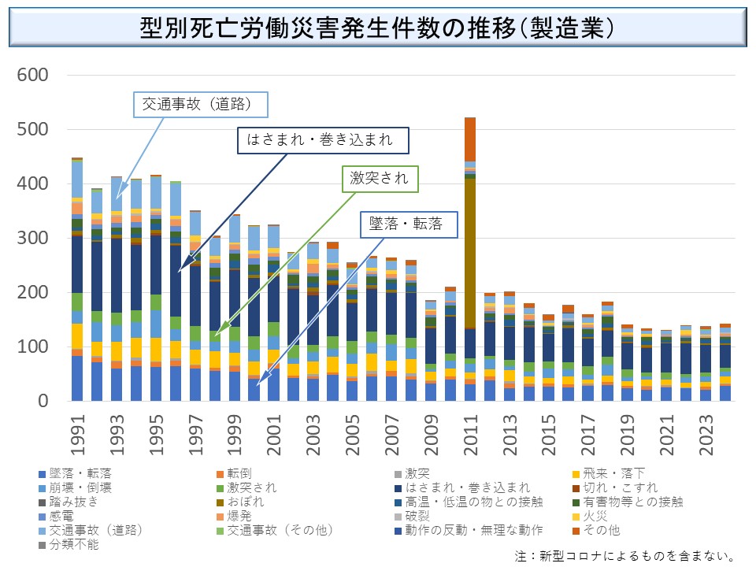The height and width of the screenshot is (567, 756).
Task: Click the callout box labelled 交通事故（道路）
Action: (200, 104)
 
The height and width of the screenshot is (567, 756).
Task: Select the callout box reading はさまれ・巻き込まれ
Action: (325, 141)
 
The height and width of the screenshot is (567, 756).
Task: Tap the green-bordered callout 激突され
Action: (380, 179)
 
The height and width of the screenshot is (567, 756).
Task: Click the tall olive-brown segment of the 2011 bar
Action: (470, 252)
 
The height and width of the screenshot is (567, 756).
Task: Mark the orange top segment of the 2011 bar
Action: (470, 139)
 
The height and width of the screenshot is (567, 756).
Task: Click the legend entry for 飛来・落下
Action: (606, 473)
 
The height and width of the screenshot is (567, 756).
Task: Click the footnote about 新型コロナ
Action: (625, 556)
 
